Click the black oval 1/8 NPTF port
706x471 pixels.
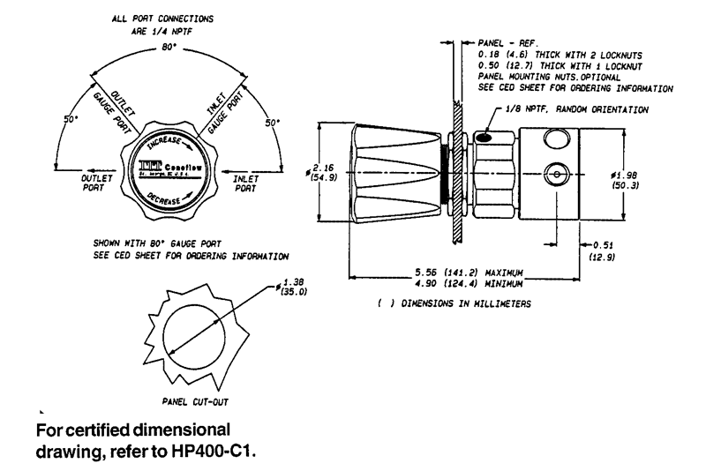(x=484, y=137)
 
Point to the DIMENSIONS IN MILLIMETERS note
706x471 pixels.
(x=452, y=303)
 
